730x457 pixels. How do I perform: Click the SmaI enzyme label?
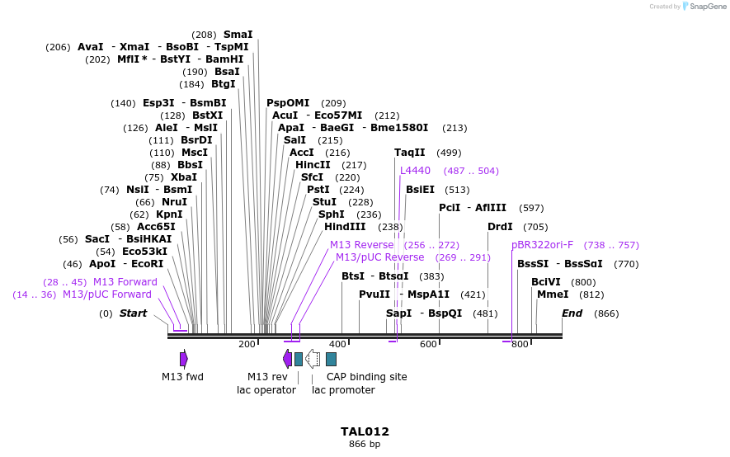coord(238,35)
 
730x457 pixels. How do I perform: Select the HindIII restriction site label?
coord(345,227)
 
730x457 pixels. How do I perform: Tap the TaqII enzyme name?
coord(410,153)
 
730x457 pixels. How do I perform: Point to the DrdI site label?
coord(500,227)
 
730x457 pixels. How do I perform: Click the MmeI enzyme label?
coord(553,294)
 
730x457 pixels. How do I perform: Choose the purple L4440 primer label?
coord(415,171)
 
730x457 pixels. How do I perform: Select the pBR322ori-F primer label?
coord(543,245)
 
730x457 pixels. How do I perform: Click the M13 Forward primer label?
coord(125,282)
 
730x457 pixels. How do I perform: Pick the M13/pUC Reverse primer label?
coord(380,257)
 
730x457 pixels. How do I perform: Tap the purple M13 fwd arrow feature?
coord(184,359)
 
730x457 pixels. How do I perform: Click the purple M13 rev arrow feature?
coord(288,359)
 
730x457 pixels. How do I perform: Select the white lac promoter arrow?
coord(313,359)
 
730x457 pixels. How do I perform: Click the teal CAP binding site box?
coord(331,359)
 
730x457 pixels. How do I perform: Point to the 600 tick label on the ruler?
coord(428,344)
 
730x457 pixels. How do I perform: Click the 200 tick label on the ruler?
coord(247,344)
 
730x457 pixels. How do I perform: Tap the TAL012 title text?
coord(365,431)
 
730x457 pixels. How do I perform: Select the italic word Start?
coord(133,313)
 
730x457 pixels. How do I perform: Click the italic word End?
coord(572,313)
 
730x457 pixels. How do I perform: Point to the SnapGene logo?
coord(704,6)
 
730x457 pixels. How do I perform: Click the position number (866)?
coord(606,313)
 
